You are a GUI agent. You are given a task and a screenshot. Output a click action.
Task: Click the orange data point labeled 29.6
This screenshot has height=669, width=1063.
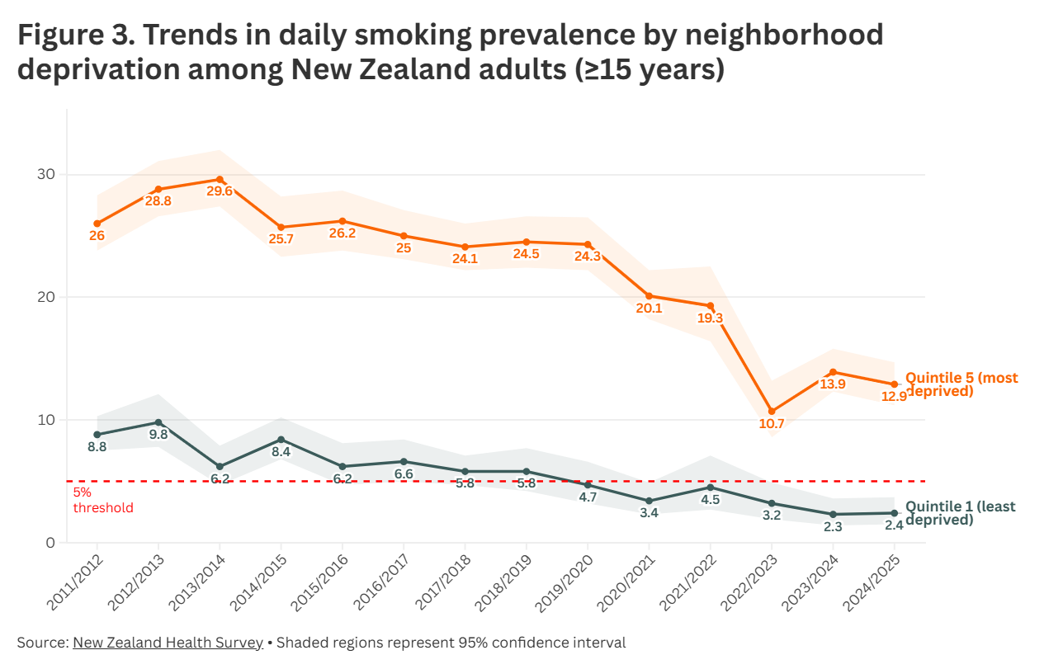coord(220,179)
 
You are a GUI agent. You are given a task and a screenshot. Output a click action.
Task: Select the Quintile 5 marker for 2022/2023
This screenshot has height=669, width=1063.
coord(772,411)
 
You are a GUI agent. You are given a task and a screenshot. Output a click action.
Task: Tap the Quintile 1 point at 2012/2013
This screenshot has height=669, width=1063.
coord(158,422)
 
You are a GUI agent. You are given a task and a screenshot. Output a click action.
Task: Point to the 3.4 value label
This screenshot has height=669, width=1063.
coord(649,513)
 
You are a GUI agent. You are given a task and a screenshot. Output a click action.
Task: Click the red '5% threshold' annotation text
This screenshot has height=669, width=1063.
coord(102,500)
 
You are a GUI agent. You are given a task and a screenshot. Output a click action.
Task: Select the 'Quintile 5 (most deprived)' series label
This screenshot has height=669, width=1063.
coord(961,384)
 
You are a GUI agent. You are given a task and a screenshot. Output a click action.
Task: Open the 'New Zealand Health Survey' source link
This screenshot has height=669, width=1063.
coord(168,643)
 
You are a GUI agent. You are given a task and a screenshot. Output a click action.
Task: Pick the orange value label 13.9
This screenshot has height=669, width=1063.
coord(832,385)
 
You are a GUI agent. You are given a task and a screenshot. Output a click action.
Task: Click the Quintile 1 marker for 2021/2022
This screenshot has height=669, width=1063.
coord(710,487)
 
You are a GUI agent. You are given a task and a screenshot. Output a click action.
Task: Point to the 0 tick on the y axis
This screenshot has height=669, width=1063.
coord(50,543)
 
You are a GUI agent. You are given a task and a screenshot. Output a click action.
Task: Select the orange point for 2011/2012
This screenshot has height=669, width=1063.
coord(97,224)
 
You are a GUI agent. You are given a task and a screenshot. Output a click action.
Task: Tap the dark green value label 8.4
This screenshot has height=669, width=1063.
coord(281,452)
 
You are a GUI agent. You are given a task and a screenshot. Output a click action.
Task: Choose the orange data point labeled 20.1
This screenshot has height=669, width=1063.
coord(649,296)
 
